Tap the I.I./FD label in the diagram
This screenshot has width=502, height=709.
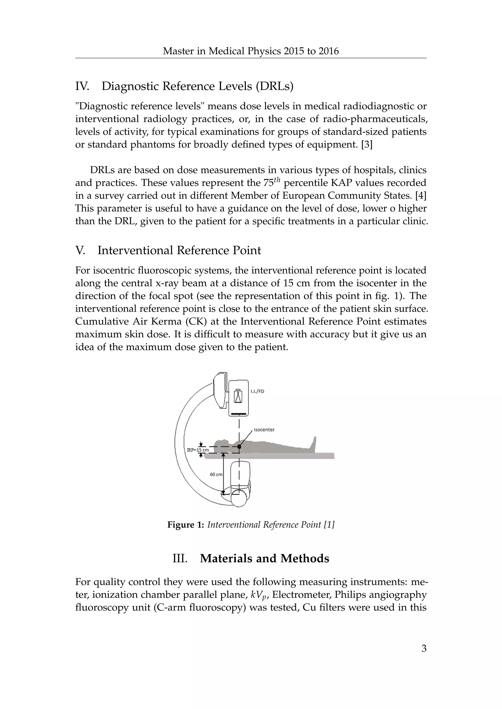click(257, 391)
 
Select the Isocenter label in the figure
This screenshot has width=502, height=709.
click(264, 430)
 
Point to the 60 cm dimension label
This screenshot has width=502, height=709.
click(216, 474)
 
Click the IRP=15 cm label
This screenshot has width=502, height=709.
click(198, 450)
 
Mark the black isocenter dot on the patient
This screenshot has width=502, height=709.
click(239, 447)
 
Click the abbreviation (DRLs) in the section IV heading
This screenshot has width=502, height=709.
click(275, 86)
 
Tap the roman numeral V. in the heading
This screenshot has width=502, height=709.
click(80, 250)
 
